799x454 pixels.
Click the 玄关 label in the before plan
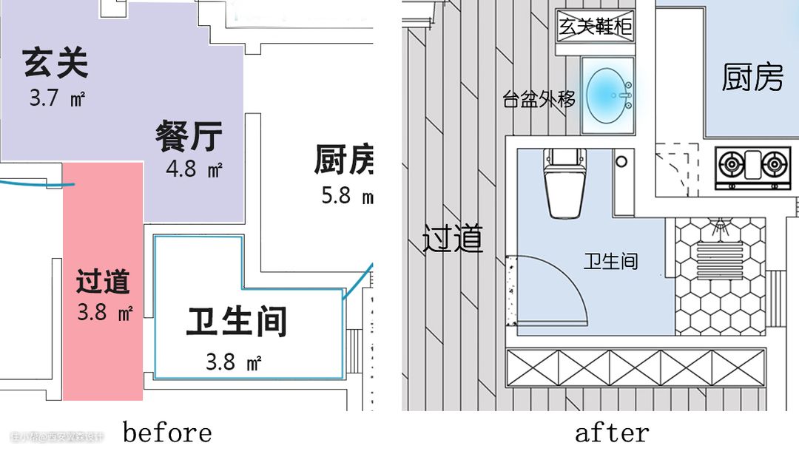55,64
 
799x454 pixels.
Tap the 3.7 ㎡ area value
56,98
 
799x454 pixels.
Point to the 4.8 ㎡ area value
194,169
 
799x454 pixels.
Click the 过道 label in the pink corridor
103,282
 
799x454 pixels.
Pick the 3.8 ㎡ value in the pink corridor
104,313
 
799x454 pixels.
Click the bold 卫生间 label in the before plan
237,322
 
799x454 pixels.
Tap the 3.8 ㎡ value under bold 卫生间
233,362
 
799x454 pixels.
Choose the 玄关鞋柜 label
595,28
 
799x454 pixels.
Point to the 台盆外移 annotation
539,99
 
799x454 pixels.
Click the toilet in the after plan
564,183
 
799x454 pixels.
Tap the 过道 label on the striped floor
453,239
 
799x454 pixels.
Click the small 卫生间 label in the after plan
611,261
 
